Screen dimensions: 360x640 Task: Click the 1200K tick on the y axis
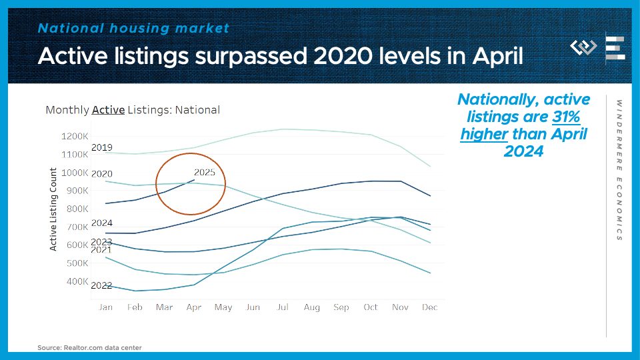point(75,136)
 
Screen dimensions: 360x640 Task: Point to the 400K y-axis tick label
point(76,281)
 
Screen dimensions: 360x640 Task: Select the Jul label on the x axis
point(283,307)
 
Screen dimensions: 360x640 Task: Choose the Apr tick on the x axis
point(194,307)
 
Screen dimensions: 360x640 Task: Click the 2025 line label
point(205,172)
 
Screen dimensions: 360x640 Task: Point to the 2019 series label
point(102,147)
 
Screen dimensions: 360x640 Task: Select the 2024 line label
point(102,223)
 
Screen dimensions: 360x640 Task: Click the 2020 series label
point(102,174)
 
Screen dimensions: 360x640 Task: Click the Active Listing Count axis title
point(54,209)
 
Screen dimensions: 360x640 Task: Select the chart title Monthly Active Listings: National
point(132,110)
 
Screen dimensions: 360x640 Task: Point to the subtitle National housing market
point(133,28)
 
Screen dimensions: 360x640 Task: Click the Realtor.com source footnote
point(89,347)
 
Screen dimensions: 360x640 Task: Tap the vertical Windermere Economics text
point(619,170)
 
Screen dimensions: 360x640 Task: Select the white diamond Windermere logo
point(584,47)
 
